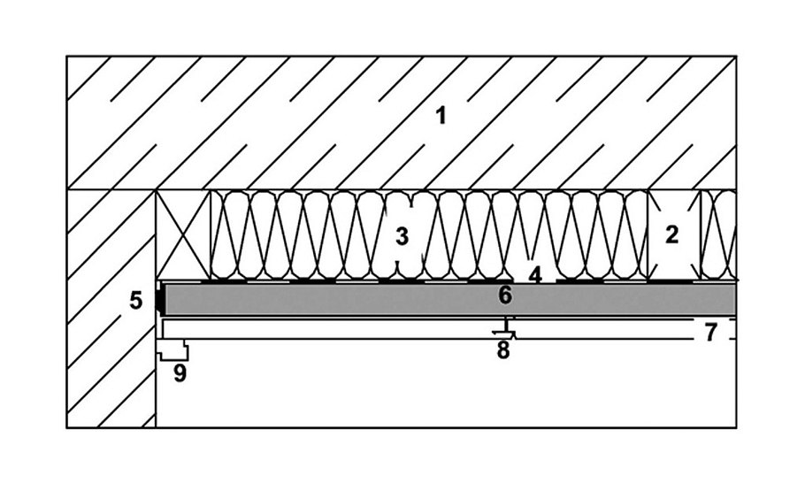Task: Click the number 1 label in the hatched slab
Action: (x=441, y=115)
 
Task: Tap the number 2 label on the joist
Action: (x=672, y=235)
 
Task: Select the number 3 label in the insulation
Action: (x=402, y=236)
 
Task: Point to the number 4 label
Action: (x=535, y=275)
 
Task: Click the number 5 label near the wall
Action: (x=135, y=301)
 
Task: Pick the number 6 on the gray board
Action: (x=505, y=295)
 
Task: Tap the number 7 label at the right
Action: (x=711, y=333)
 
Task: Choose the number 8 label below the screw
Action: (x=502, y=350)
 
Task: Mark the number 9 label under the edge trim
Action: (x=180, y=373)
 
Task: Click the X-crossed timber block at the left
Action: (x=183, y=236)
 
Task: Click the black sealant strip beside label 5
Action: (x=160, y=299)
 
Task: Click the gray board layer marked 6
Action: (x=354, y=299)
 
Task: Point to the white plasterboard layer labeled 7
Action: (x=354, y=329)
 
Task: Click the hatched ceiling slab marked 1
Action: (x=265, y=124)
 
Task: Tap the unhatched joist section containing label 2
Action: (x=674, y=257)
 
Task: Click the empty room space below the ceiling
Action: (x=442, y=389)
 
